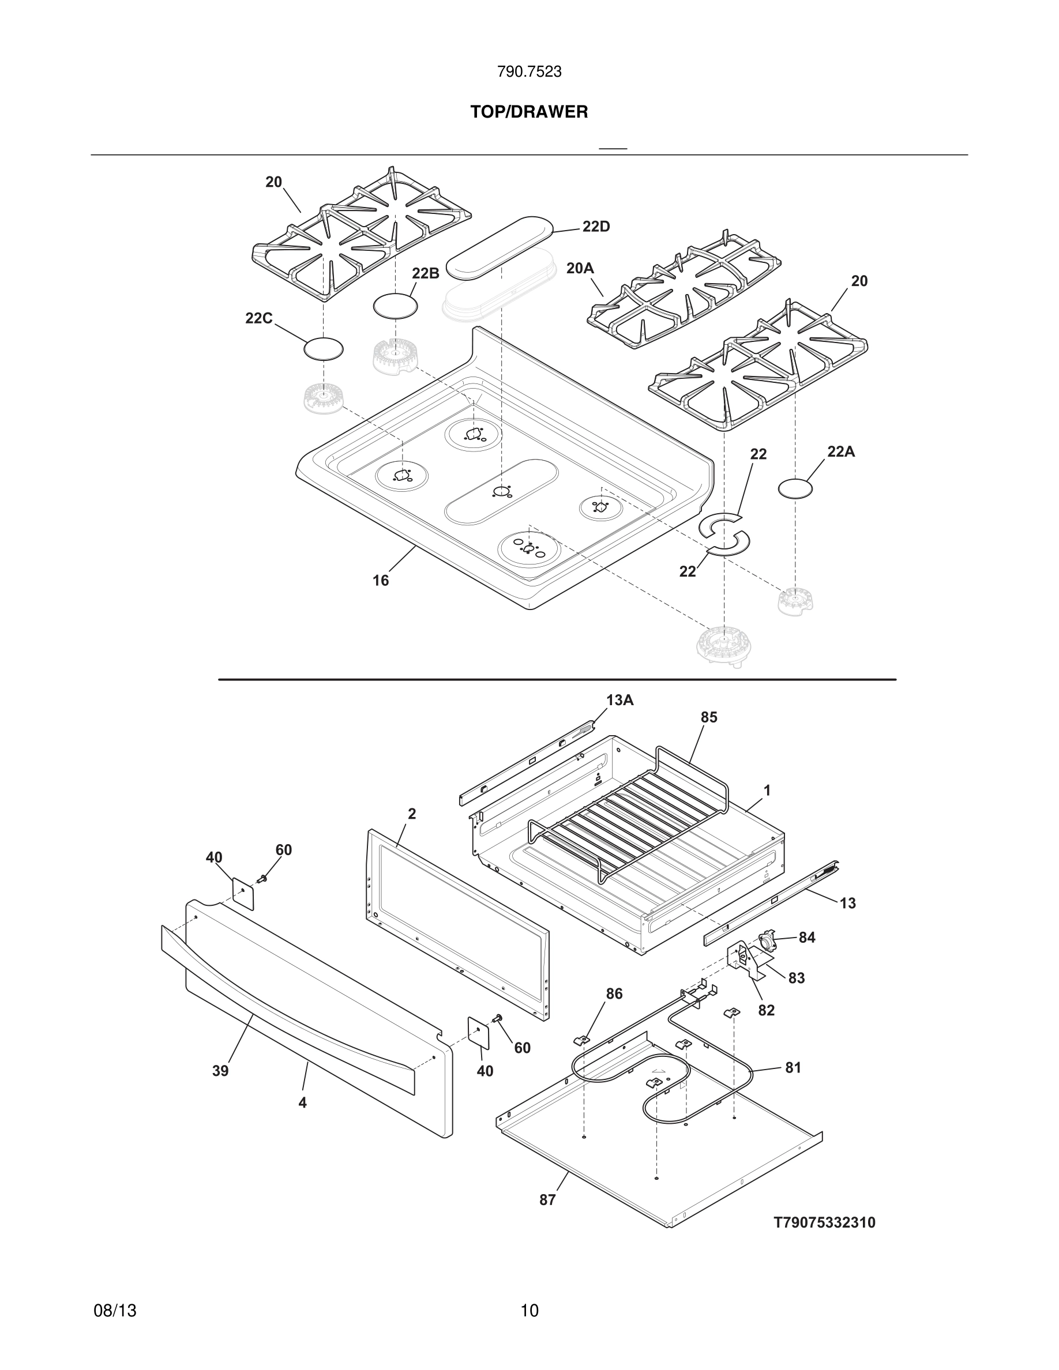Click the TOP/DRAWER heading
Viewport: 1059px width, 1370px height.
click(529, 112)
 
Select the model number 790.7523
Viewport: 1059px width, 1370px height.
click(529, 72)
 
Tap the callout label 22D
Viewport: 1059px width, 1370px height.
click(595, 227)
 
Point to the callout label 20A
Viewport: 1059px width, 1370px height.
click(579, 269)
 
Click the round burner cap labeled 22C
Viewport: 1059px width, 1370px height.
click(323, 349)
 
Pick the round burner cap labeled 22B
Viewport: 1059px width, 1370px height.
click(395, 306)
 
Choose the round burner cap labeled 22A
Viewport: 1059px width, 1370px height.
click(795, 488)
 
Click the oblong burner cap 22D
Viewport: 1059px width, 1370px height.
click(500, 247)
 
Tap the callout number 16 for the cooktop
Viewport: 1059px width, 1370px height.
click(381, 581)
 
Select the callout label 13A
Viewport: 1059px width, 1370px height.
click(619, 701)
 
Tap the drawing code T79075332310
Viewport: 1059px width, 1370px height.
click(824, 1222)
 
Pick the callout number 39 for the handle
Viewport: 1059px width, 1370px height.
click(220, 1071)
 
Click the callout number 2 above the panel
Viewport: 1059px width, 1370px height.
click(412, 814)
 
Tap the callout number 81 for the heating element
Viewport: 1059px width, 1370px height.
click(793, 1068)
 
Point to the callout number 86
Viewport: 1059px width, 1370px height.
click(614, 993)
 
